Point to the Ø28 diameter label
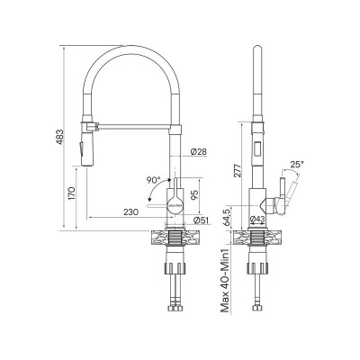point(199,152)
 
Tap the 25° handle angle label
point(298,164)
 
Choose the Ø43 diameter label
point(257,219)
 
